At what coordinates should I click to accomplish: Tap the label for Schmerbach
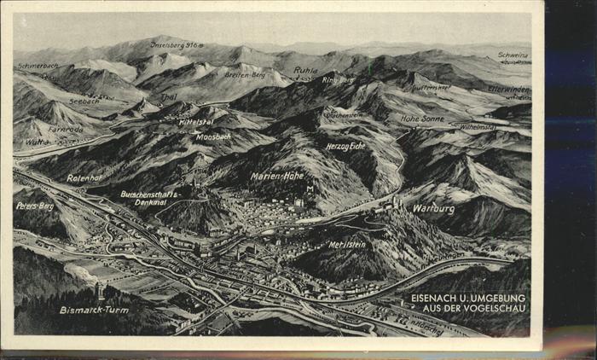click(38, 66)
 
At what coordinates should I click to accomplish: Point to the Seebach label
click(84, 101)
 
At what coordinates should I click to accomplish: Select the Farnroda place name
click(66, 130)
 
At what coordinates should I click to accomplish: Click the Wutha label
click(38, 142)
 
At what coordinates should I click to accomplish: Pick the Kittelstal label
click(196, 122)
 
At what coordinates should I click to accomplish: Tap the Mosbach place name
click(213, 136)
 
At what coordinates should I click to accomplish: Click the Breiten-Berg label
click(246, 74)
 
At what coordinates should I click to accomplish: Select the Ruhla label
click(305, 71)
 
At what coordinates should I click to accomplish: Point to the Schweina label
click(513, 55)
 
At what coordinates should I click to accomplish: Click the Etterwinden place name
click(508, 89)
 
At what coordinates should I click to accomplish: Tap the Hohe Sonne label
click(422, 119)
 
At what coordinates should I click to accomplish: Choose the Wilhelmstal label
click(478, 127)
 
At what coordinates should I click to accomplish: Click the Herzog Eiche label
click(345, 146)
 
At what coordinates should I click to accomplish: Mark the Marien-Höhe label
click(277, 176)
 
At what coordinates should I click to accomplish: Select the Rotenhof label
click(84, 178)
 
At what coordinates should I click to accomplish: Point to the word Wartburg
click(433, 208)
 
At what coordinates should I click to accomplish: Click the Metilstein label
click(346, 244)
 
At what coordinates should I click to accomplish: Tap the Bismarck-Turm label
click(94, 310)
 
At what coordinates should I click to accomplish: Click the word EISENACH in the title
click(437, 298)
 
